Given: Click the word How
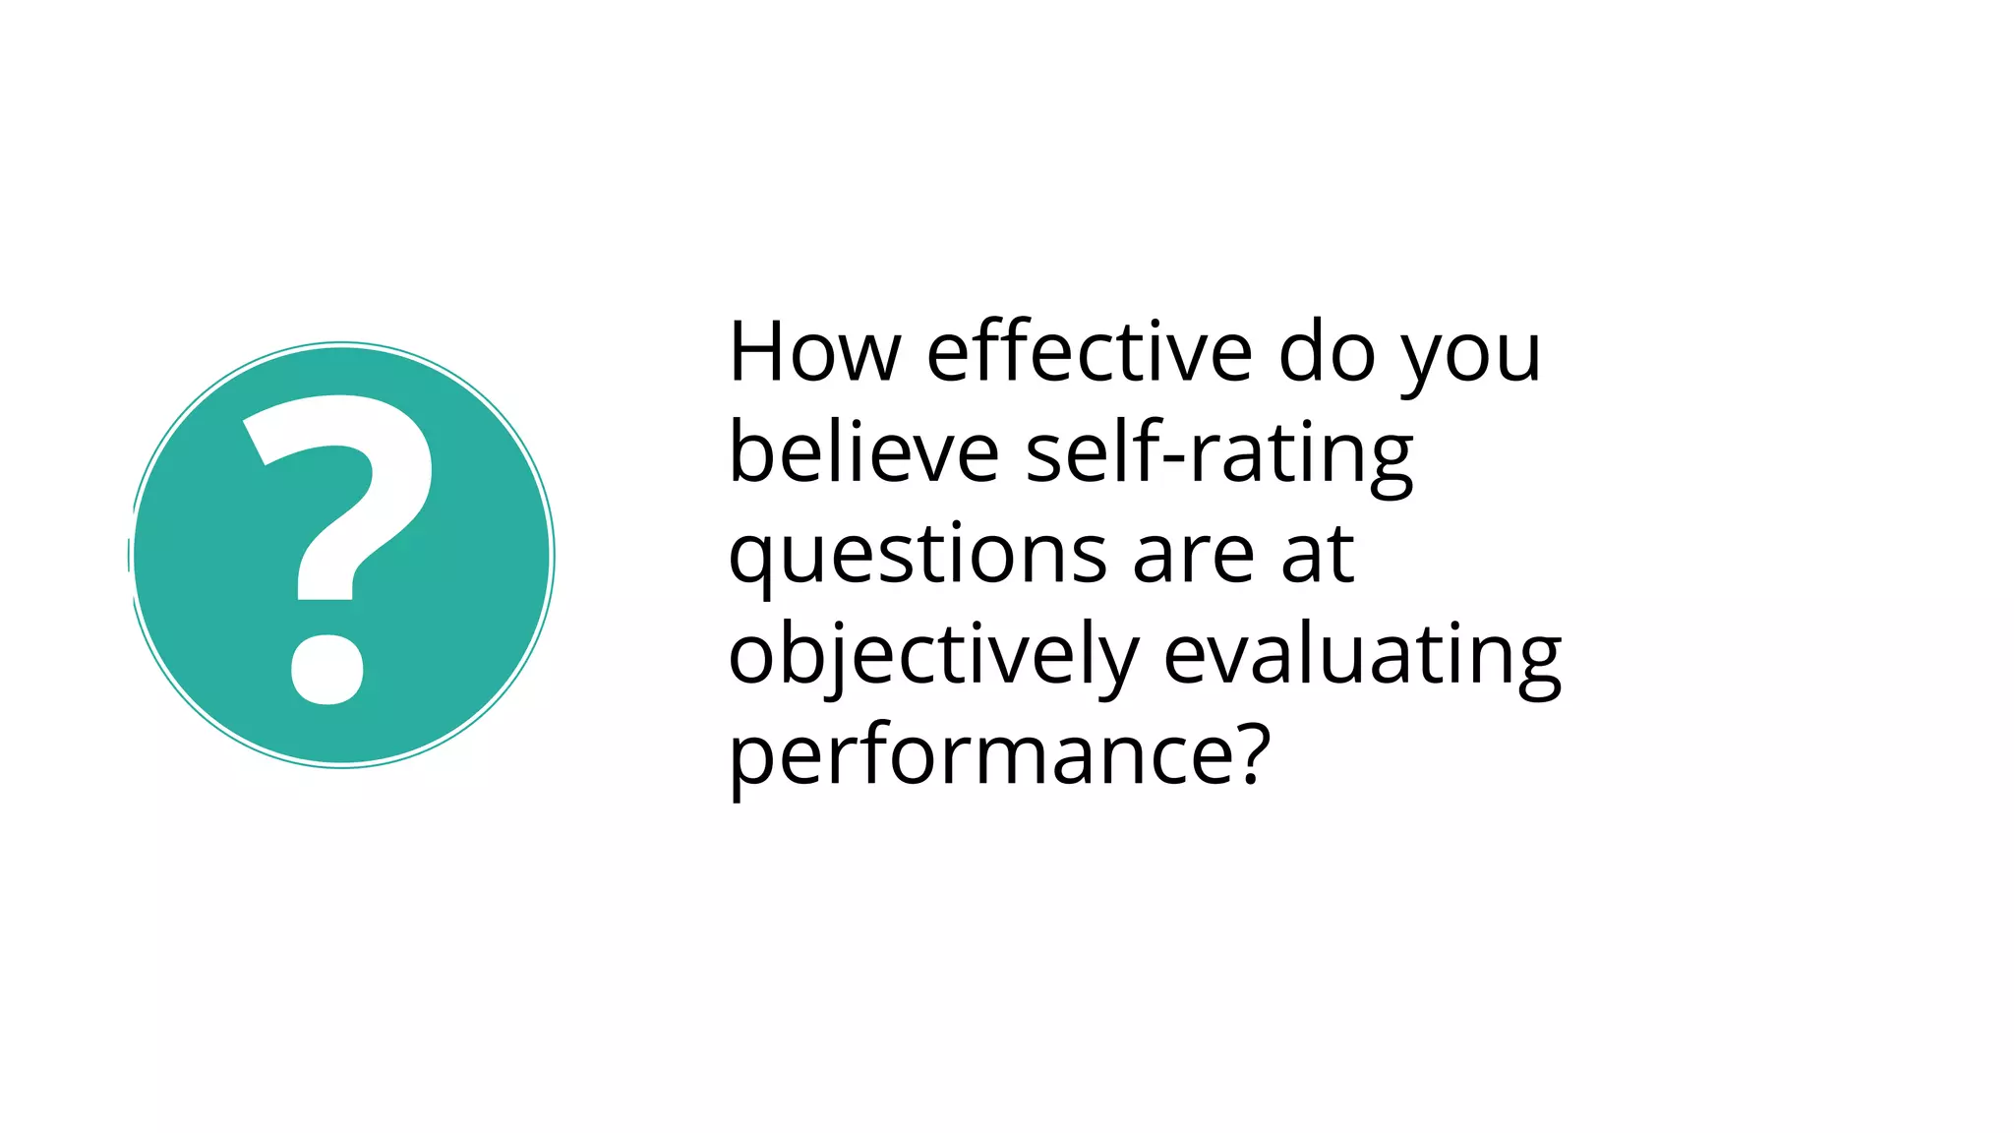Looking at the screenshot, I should tap(814, 352).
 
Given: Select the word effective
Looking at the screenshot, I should tap(1090, 352).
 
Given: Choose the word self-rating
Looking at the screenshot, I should tap(1219, 454).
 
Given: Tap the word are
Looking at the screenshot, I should tap(1194, 556).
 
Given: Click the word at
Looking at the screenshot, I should tap(1319, 556).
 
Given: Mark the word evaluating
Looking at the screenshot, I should tap(1363, 657).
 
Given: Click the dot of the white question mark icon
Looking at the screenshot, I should tap(327, 670).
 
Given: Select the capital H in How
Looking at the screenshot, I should tap(760, 351).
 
